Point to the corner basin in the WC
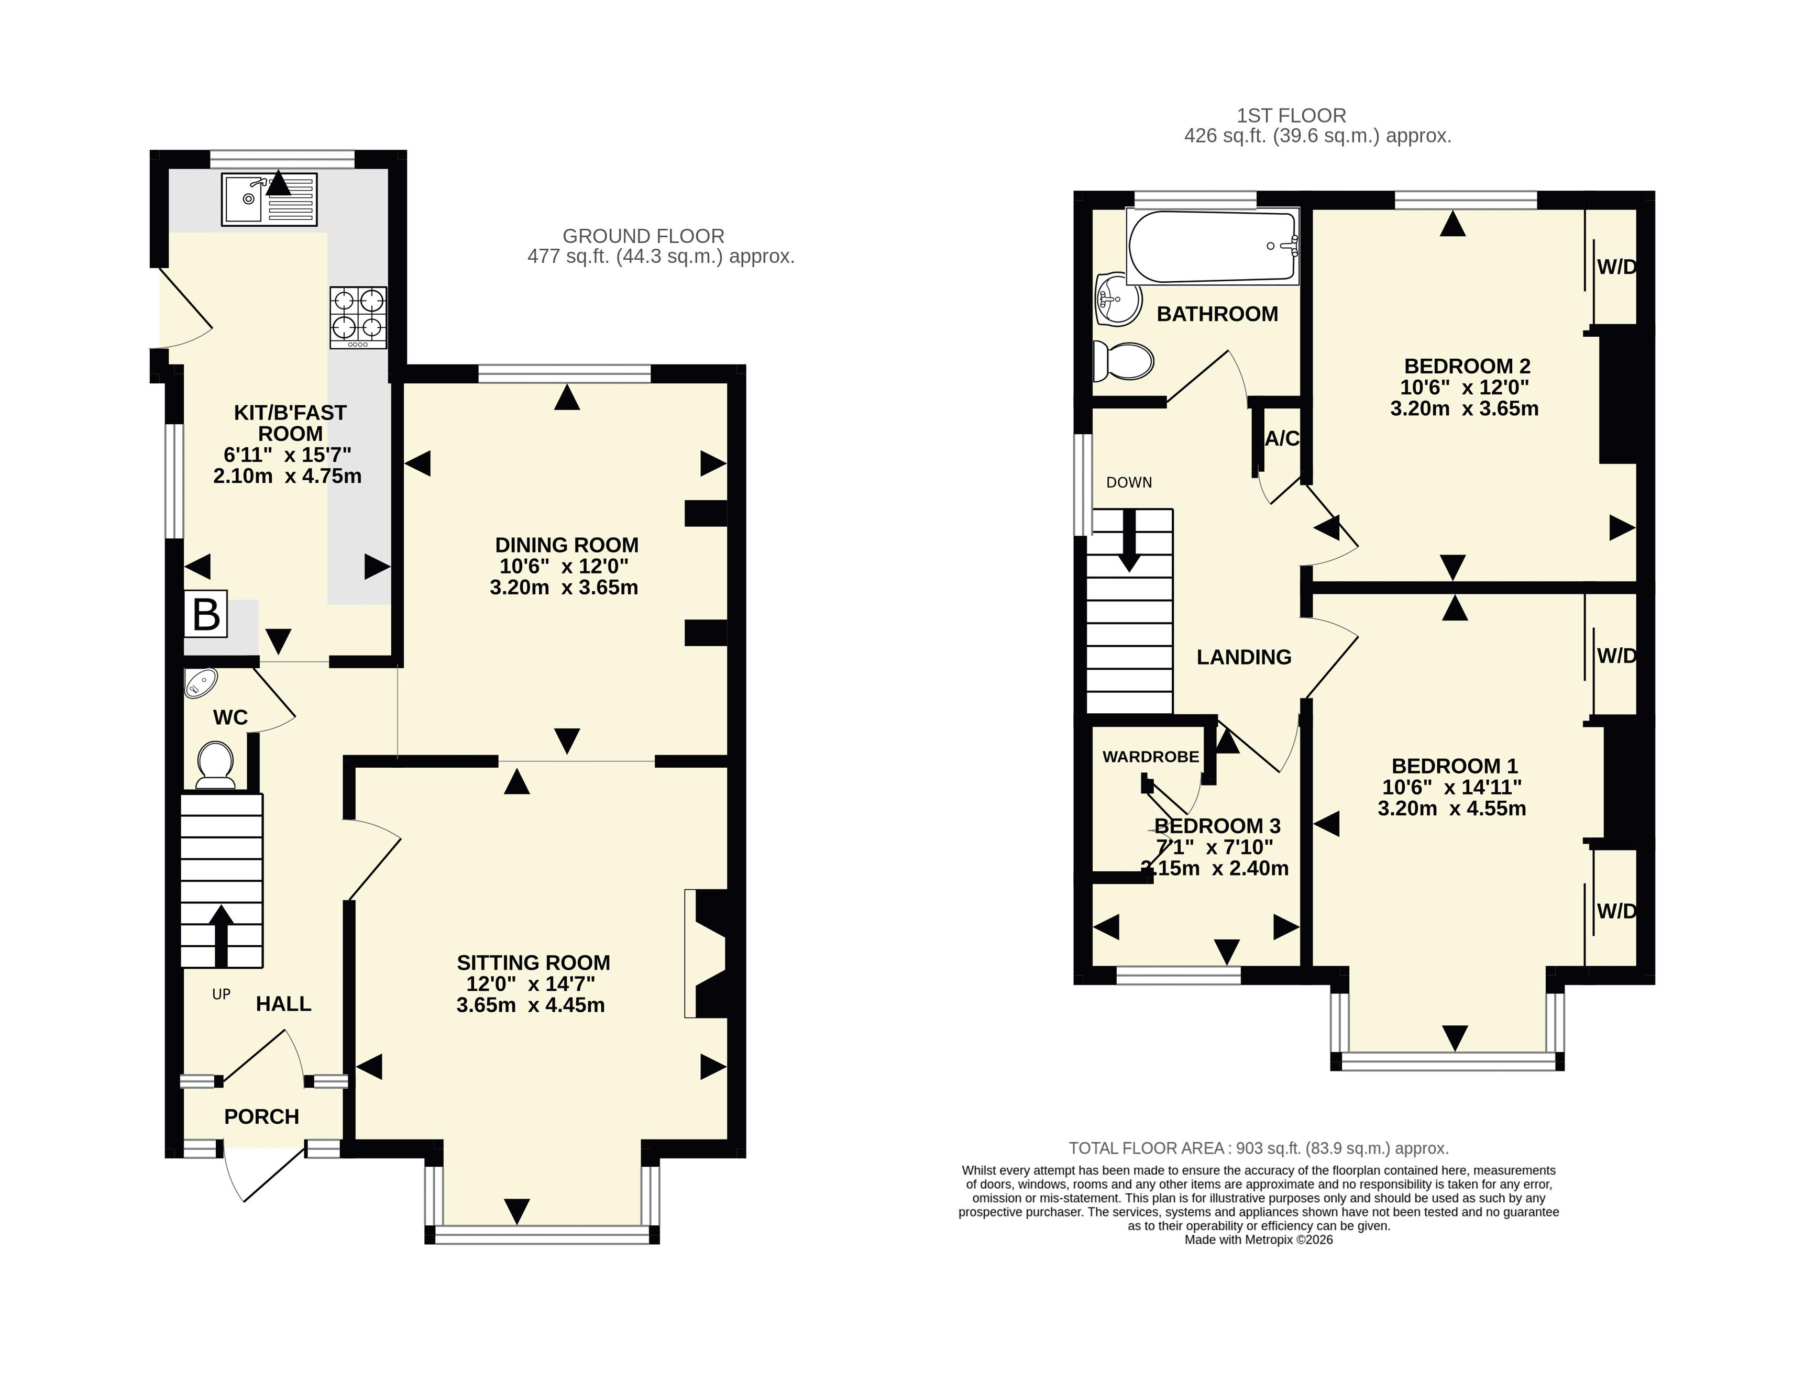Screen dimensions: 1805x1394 coord(201,682)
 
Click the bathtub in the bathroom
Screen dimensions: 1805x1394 coord(1213,246)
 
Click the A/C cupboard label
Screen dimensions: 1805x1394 coord(1282,439)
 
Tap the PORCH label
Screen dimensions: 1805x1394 coord(261,1116)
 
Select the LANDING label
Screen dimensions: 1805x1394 coord(1244,657)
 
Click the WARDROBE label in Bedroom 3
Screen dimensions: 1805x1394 coord(1150,757)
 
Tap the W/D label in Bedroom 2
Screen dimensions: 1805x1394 coord(1616,267)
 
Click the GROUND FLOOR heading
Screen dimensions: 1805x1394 coord(643,236)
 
